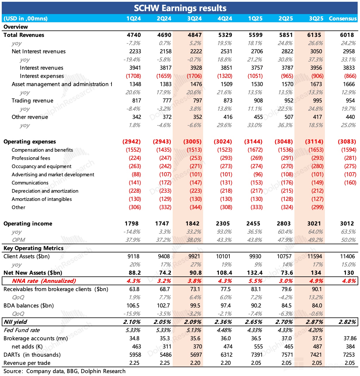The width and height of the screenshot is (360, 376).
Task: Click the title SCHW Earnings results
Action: click(x=180, y=8)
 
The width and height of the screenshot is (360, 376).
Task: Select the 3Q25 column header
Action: click(x=316, y=18)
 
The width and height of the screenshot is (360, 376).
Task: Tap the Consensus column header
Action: click(x=343, y=18)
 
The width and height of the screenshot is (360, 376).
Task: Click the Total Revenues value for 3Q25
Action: click(x=314, y=35)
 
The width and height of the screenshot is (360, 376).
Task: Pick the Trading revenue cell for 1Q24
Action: click(x=136, y=101)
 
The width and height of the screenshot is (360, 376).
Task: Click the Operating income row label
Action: click(x=28, y=224)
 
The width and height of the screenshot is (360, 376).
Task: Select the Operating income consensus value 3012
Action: click(x=347, y=224)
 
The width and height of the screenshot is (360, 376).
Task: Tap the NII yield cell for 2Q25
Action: click(x=284, y=322)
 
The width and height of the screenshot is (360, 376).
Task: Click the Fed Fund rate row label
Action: click(x=22, y=330)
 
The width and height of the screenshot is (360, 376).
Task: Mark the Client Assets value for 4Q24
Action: click(x=223, y=257)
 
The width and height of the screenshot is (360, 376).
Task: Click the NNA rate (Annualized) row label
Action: click(x=44, y=281)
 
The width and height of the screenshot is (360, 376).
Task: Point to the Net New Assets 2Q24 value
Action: click(x=165, y=273)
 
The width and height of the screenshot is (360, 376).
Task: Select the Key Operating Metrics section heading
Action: click(x=33, y=248)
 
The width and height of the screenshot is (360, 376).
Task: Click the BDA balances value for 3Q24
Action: click(x=195, y=306)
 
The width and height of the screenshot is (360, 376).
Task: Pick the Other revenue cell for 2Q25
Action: click(x=289, y=117)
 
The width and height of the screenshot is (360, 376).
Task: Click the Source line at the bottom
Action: click(x=64, y=371)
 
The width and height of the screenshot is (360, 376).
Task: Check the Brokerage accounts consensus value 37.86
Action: click(x=350, y=339)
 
